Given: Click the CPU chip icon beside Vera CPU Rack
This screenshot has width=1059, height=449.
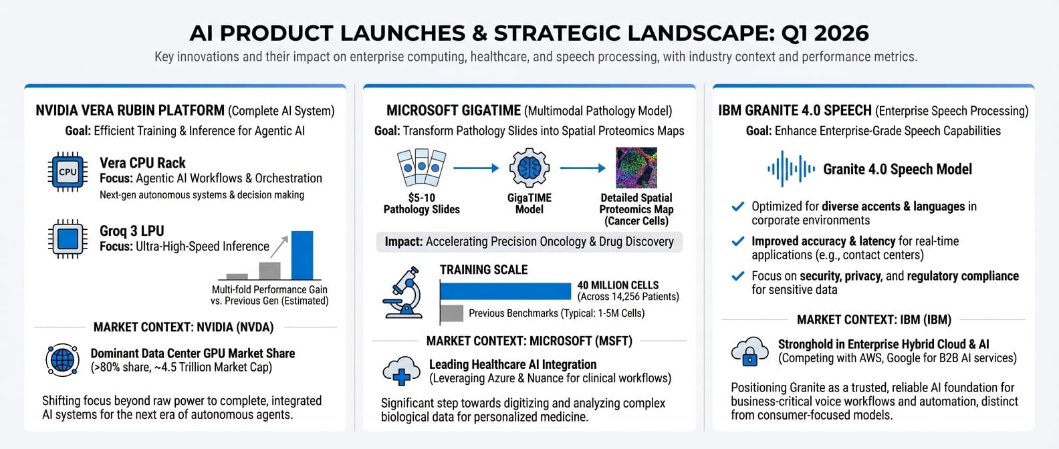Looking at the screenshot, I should pyautogui.click(x=68, y=172).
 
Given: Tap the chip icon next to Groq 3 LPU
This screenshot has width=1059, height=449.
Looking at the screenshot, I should pyautogui.click(x=68, y=239).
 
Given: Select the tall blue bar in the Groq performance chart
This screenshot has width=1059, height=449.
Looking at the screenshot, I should pyautogui.click(x=302, y=255).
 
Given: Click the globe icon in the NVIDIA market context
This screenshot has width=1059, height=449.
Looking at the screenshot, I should pyautogui.click(x=63, y=360).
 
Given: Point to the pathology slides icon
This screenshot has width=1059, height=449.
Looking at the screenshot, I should pyautogui.click(x=421, y=167).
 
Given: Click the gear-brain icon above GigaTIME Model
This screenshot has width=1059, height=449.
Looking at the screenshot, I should pyautogui.click(x=529, y=168).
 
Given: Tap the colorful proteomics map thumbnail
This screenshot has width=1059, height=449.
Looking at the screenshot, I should pyautogui.click(x=636, y=168).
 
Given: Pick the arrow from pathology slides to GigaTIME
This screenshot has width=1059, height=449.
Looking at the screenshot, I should pyautogui.click(x=476, y=168).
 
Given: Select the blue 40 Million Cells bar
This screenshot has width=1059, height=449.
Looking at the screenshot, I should pyautogui.click(x=505, y=291).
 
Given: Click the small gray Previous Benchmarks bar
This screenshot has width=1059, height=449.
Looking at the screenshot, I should pyautogui.click(x=452, y=313).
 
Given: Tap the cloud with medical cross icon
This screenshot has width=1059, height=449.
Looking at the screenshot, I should pyautogui.click(x=401, y=371).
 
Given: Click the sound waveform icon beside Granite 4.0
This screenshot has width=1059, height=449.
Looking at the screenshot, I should pyautogui.click(x=791, y=169).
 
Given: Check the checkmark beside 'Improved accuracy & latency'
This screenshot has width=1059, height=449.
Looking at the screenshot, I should pyautogui.click(x=738, y=241).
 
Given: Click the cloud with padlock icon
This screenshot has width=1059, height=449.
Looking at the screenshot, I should pyautogui.click(x=749, y=351).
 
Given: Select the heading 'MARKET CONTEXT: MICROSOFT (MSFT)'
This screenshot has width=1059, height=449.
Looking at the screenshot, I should pyautogui.click(x=529, y=341).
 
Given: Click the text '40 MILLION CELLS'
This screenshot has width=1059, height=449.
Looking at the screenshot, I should pyautogui.click(x=618, y=285).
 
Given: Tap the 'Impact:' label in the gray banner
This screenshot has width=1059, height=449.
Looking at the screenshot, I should pyautogui.click(x=403, y=242).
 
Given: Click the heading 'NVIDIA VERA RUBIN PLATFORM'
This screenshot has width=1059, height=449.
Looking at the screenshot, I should pyautogui.click(x=130, y=110).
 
